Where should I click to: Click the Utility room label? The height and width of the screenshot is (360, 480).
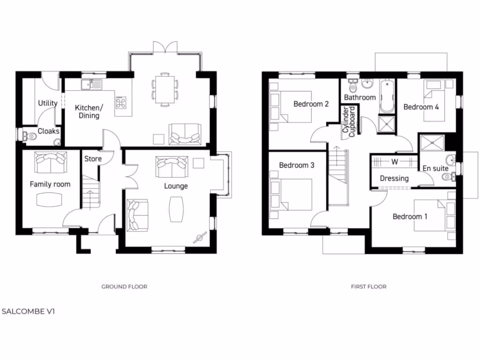pos(47,103)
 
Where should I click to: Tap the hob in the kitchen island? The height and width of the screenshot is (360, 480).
pos(121,103)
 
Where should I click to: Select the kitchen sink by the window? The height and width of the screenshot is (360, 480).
pos(91,84)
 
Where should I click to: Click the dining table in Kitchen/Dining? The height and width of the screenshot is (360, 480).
pos(165,89)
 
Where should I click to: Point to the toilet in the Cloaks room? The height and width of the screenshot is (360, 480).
pos(30,136)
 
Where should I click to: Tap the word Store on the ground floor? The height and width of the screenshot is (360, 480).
pos(93,159)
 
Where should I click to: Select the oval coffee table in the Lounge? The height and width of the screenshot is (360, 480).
pos(176,209)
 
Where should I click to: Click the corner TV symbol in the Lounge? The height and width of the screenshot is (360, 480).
pos(201,237)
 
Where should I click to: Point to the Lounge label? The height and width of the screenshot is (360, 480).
pos(176,186)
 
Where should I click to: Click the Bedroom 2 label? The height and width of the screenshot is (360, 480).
pos(311,104)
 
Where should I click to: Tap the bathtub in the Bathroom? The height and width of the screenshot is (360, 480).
pos(387,97)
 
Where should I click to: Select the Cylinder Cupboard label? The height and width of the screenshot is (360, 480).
pos(349,121)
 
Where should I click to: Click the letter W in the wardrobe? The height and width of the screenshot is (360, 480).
pos(394,163)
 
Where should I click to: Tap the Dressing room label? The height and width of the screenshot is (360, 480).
pos(394,179)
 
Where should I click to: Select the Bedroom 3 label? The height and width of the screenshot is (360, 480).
pos(296,165)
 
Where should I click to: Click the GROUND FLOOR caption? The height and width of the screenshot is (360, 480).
pos(124,286)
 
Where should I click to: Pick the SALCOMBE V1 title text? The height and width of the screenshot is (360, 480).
pos(28,311)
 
